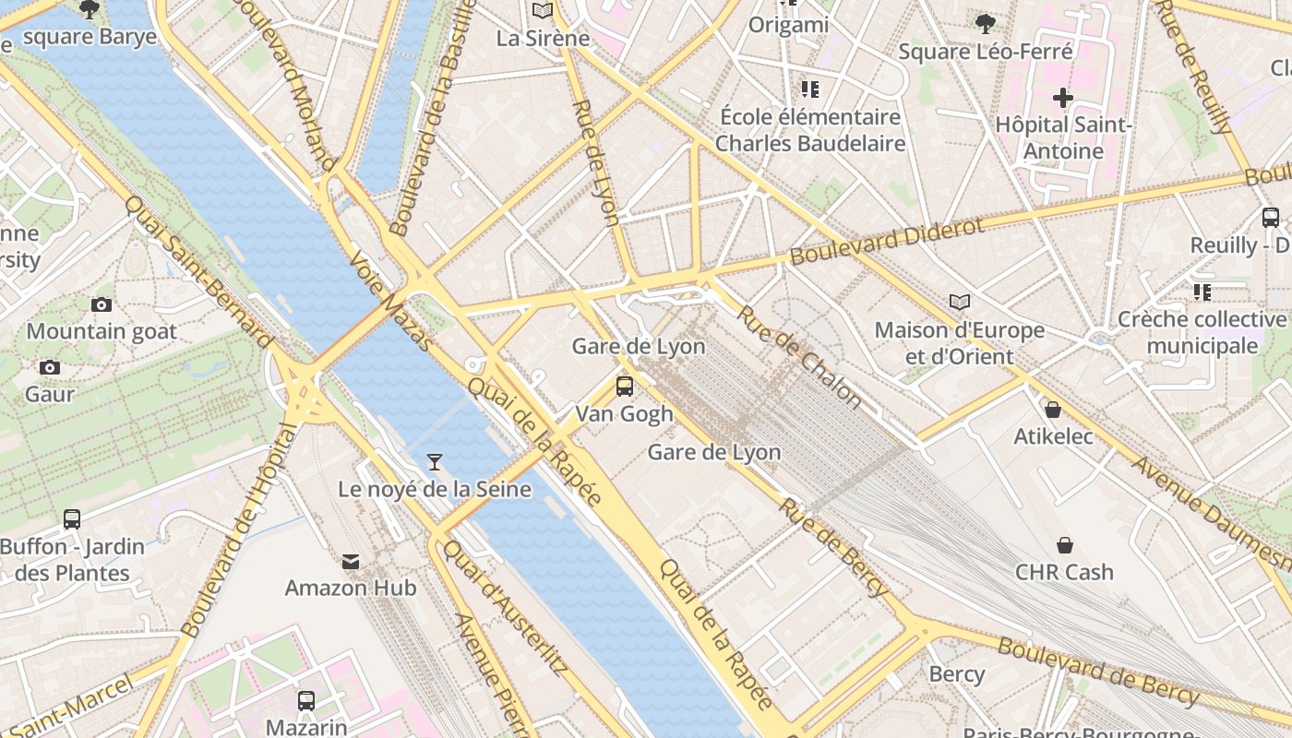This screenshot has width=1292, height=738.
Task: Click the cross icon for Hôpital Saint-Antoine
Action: coord(1063,97)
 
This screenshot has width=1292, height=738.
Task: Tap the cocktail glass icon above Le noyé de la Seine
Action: coord(435,461)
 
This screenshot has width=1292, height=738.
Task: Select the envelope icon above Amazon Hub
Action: coord(351,561)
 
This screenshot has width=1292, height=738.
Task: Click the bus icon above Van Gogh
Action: coord(625,387)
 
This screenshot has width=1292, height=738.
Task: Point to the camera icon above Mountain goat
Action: coord(102,304)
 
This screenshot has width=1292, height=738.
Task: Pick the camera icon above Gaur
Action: coord(50,367)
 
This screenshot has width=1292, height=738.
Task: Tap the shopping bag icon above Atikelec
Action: coord(1053,409)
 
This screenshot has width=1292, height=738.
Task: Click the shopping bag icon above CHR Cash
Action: coord(1065,544)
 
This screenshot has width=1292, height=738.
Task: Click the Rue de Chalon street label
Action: coord(799,356)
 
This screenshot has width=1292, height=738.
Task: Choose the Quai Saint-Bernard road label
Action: coord(199,271)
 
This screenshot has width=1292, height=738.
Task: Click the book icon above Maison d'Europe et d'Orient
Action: coord(960,303)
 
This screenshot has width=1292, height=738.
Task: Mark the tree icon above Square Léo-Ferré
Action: coord(985,23)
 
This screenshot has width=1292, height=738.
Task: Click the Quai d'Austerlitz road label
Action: coord(503,608)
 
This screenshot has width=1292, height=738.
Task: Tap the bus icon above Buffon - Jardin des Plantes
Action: coord(72,519)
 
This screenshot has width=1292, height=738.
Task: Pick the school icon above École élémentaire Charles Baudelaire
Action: coord(810,89)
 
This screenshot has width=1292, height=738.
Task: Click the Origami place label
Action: coord(788,25)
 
